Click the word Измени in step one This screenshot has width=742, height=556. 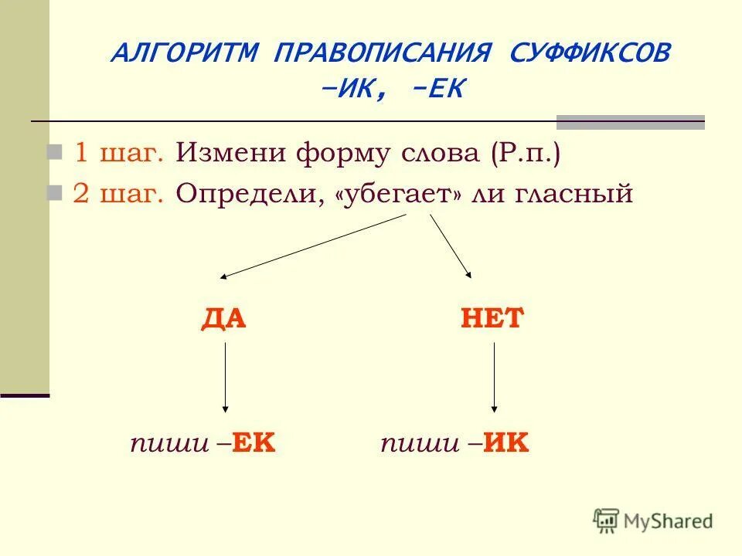231,153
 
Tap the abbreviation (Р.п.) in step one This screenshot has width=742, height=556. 524,153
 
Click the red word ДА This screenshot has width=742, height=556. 223,318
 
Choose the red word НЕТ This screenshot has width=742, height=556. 492,318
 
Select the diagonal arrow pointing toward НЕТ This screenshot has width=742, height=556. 451,246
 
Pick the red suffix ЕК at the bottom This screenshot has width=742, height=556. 254,443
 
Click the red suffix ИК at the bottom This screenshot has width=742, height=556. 506,443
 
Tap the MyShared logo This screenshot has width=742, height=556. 653,520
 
